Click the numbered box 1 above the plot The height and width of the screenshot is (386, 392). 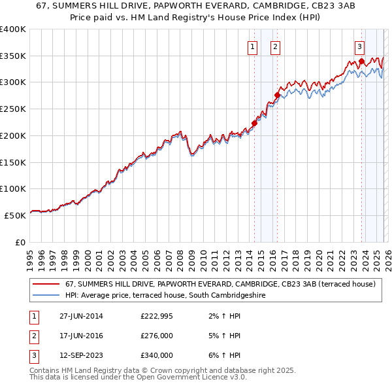[x=252, y=46]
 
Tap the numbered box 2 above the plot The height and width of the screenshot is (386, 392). [x=276, y=46]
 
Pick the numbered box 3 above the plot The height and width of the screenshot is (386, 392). [x=360, y=46]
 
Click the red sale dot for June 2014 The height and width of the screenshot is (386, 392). [x=254, y=123]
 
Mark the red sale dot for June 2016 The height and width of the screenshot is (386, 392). [x=277, y=95]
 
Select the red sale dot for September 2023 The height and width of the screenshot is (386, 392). [x=361, y=61]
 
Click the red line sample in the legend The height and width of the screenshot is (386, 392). [x=46, y=285]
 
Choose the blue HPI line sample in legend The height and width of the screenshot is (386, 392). [x=46, y=296]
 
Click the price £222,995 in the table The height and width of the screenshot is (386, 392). [x=157, y=316]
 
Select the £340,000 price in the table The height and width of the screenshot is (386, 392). [x=157, y=355]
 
